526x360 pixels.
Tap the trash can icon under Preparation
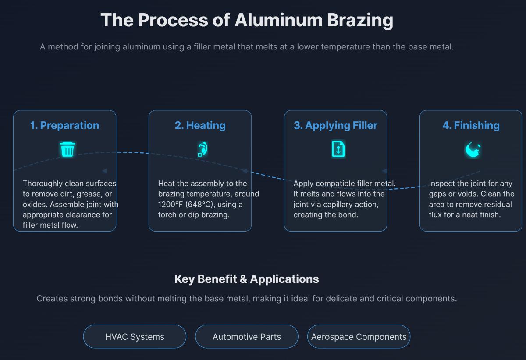(x=68, y=150)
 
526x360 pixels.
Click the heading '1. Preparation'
(x=64, y=125)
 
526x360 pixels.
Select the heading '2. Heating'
(x=200, y=125)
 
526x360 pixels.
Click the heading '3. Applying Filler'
(x=335, y=125)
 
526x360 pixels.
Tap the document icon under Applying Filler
(x=338, y=149)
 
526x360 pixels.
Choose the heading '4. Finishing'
(x=471, y=125)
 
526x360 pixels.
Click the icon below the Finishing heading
(x=473, y=150)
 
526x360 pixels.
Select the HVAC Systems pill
(x=135, y=337)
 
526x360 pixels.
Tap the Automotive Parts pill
(x=247, y=337)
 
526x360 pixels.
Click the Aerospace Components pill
(x=359, y=337)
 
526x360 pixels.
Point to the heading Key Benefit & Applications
(x=246, y=279)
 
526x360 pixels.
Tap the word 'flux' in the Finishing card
(x=437, y=215)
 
